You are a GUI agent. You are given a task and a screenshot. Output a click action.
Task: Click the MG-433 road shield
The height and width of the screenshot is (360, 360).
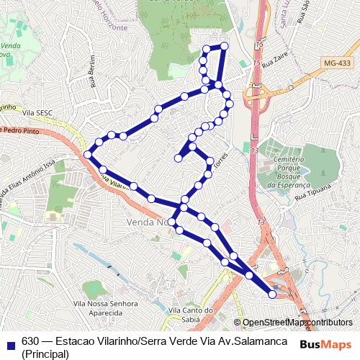(x=337, y=63)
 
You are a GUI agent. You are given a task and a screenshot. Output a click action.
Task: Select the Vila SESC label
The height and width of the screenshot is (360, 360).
(x=39, y=113)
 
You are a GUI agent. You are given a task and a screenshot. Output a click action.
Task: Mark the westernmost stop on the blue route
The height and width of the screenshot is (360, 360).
(x=88, y=154)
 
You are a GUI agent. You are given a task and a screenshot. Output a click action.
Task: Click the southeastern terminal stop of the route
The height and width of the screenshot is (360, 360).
(x=272, y=294)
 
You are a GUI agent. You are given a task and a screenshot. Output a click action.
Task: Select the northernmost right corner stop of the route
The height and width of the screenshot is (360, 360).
(x=224, y=46)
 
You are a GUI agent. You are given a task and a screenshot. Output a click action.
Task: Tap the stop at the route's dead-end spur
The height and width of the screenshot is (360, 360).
(x=178, y=158)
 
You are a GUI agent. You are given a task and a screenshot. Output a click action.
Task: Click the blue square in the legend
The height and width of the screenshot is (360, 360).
(x=9, y=341)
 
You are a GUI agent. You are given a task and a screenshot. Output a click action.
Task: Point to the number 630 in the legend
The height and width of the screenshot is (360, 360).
(x=30, y=341)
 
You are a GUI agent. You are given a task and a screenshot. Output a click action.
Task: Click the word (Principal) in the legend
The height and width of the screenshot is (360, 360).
(x=45, y=354)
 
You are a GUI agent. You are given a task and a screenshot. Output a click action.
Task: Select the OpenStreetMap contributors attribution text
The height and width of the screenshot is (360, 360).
(x=297, y=323)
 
